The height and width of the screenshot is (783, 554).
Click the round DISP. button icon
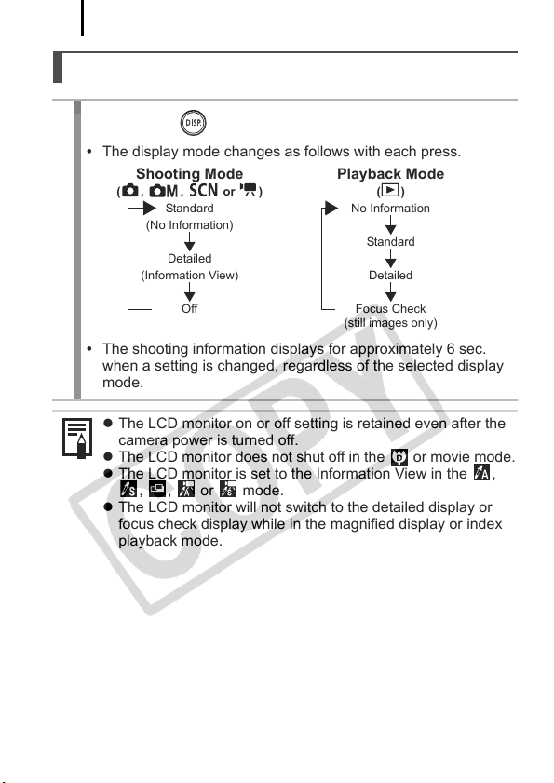pyautogui.click(x=193, y=123)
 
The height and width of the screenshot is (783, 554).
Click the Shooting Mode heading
pyautogui.click(x=189, y=174)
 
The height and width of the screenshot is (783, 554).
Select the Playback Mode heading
pyautogui.click(x=390, y=174)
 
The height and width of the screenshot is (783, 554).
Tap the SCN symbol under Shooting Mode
pyautogui.click(x=203, y=190)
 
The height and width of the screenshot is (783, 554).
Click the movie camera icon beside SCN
pyautogui.click(x=249, y=190)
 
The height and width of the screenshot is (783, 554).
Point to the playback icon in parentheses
pyautogui.click(x=390, y=190)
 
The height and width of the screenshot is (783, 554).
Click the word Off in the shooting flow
pyautogui.click(x=189, y=308)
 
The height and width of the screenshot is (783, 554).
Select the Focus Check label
pyautogui.click(x=390, y=308)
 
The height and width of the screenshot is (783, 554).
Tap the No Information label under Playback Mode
pyautogui.click(x=390, y=209)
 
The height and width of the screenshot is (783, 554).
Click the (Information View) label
pyautogui.click(x=189, y=276)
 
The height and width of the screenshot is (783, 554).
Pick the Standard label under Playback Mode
pyautogui.click(x=390, y=242)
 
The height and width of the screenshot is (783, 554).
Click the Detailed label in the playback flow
pyautogui.click(x=390, y=276)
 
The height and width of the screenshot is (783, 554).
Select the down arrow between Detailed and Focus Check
pyautogui.click(x=391, y=291)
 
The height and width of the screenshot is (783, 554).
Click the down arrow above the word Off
pyautogui.click(x=189, y=291)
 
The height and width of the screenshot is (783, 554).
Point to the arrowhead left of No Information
pyautogui.click(x=331, y=208)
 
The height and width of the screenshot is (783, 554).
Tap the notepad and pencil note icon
pyautogui.click(x=77, y=438)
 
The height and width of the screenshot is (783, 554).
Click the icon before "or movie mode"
pyautogui.click(x=399, y=457)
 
